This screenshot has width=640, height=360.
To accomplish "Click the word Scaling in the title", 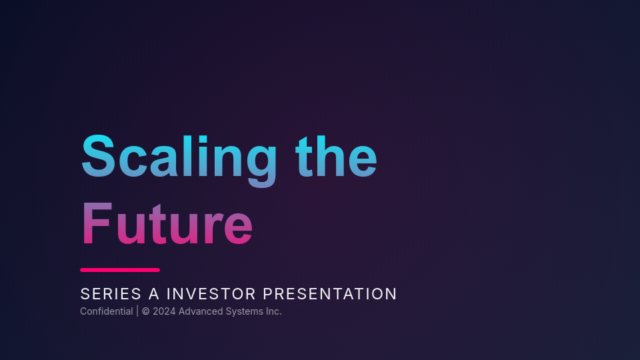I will tap(179, 158).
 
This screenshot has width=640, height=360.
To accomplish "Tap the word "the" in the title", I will tap(336, 158).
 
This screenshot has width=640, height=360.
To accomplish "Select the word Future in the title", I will tap(167, 225).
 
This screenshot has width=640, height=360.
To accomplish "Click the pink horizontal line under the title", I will tap(120, 270).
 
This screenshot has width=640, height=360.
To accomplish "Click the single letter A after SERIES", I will tap(154, 294).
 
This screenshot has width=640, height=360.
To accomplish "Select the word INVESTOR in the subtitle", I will tap(211, 294).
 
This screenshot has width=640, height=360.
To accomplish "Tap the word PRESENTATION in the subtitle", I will tap(330, 294).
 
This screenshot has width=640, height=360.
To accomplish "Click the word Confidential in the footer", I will tap(106, 311).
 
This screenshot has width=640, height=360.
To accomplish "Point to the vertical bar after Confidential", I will tap(137, 311).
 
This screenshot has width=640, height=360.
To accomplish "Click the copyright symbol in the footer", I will tap(145, 311).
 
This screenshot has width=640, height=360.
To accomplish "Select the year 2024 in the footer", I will tap(164, 311).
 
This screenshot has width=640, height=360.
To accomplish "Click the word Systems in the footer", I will tap(241, 311).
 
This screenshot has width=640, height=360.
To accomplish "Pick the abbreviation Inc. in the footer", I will tap(273, 311).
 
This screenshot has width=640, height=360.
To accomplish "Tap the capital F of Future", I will tap(96, 225).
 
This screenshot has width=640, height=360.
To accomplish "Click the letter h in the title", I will tap(335, 158).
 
